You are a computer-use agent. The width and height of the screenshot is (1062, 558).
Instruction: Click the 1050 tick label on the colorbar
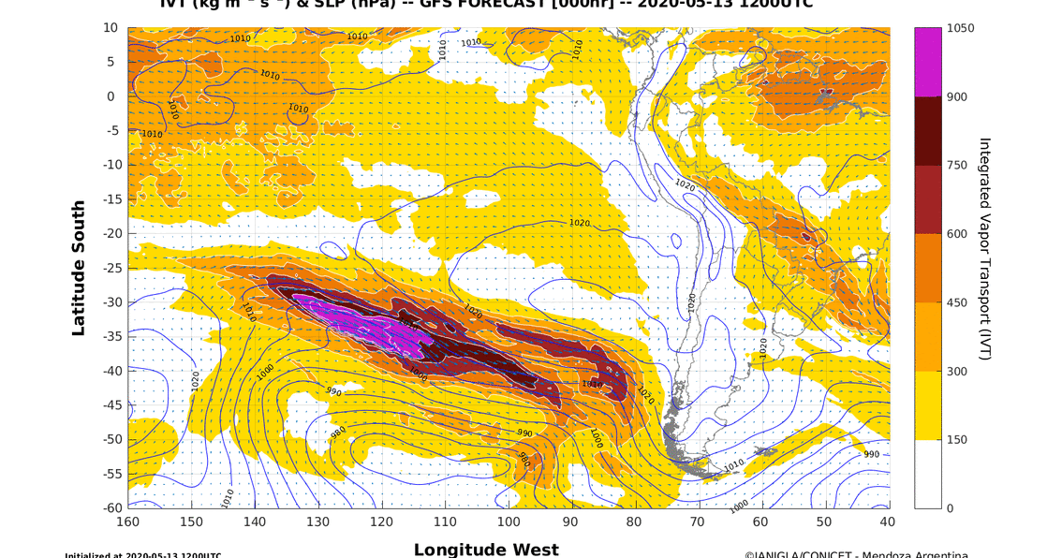pyautogui.click(x=960, y=28)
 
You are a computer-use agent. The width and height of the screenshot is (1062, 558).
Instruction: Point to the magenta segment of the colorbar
pyautogui.click(x=927, y=62)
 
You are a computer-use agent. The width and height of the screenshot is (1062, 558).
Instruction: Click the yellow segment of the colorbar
pyautogui.click(x=927, y=405)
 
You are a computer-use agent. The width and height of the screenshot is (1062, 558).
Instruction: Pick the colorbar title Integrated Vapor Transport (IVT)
pyautogui.click(x=984, y=249)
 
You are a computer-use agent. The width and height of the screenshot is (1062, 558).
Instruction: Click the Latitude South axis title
pyautogui.click(x=79, y=268)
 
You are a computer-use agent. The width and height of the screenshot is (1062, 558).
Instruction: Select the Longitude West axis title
pyautogui.click(x=486, y=550)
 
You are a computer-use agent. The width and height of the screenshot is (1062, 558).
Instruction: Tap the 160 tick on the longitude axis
pyautogui.click(x=128, y=521)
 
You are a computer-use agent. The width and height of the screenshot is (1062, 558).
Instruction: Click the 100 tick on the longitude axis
pyautogui.click(x=509, y=521)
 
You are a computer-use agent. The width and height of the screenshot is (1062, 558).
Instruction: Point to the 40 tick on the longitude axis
pyautogui.click(x=888, y=521)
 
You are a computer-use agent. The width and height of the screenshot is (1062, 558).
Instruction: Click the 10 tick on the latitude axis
pyautogui.click(x=111, y=28)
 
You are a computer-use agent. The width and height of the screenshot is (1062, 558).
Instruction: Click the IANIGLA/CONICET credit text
pyautogui.click(x=856, y=554)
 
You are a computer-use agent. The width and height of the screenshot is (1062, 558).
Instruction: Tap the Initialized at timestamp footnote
pyautogui.click(x=142, y=555)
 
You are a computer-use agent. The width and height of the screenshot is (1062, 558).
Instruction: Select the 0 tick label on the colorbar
pyautogui.click(x=951, y=508)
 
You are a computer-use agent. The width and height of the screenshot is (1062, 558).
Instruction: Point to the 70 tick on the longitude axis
pyautogui.click(x=698, y=521)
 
